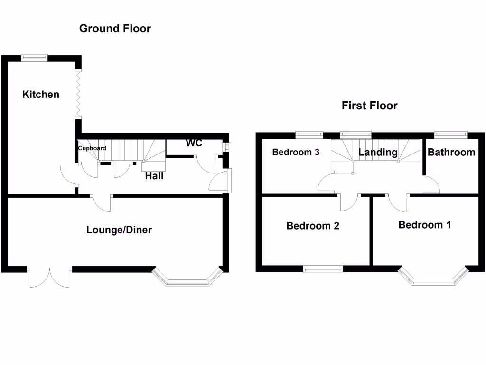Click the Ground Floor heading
click(115, 29)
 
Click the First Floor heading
click(369, 106)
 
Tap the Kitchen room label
click(41, 94)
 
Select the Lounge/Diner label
click(119, 230)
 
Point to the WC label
click(194, 143)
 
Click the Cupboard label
click(92, 148)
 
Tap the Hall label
click(154, 176)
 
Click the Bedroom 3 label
click(296, 152)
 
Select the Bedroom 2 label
click(313, 226)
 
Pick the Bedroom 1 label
click(424, 225)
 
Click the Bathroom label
click(451, 152)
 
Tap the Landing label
click(378, 152)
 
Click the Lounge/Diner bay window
click(187, 280)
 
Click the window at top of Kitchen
click(34, 58)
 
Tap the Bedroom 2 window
click(323, 269)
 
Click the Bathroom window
click(450, 135)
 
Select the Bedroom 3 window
click(309, 135)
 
